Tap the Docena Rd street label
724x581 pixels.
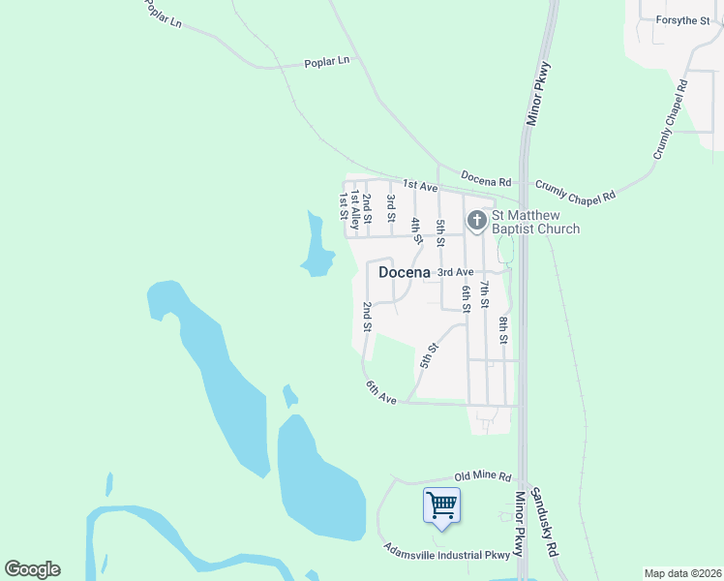pyautogui.click(x=485, y=181)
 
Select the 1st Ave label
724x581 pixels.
pyautogui.click(x=421, y=184)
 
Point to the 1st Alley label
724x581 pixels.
pyautogui.click(x=355, y=209)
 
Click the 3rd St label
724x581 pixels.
pyautogui.click(x=390, y=208)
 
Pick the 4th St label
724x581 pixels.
pyautogui.click(x=416, y=230)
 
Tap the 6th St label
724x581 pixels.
pyautogui.click(x=466, y=298)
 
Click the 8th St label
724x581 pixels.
pyautogui.click(x=503, y=329)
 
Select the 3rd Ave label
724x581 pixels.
pyautogui.click(x=455, y=273)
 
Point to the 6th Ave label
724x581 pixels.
pyautogui.click(x=381, y=392)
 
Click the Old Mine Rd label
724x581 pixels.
pyautogui.click(x=482, y=476)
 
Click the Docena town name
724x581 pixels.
pyautogui.click(x=405, y=272)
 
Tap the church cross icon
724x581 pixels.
pyautogui.click(x=476, y=221)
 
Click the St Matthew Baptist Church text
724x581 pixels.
pyautogui.click(x=535, y=222)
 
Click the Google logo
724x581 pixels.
pyautogui.click(x=32, y=569)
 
